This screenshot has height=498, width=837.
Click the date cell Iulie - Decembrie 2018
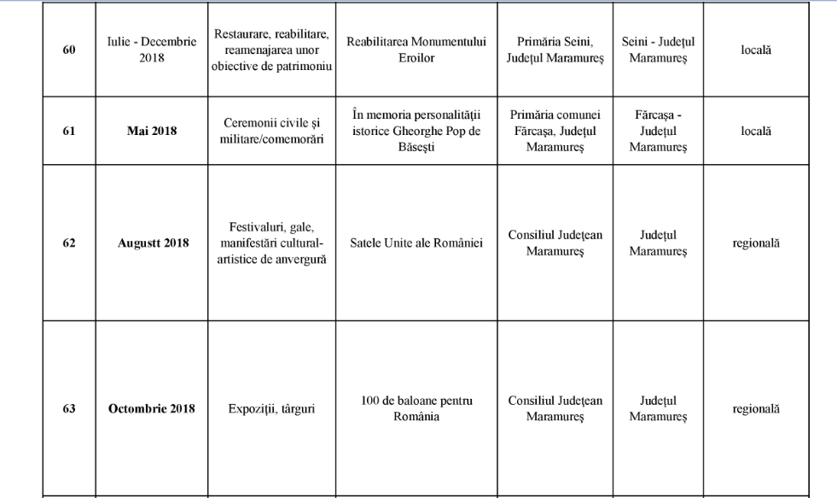(152, 50)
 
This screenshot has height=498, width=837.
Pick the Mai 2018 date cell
(152, 131)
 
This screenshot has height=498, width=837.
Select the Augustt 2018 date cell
(153, 243)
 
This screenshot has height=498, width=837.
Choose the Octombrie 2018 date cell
(152, 408)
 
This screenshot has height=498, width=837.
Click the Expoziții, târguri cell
(272, 408)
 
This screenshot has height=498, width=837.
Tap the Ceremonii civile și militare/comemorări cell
(272, 131)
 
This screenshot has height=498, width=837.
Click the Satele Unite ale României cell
(416, 243)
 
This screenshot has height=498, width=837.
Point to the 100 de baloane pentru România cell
(416, 408)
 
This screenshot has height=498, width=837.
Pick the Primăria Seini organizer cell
(555, 50)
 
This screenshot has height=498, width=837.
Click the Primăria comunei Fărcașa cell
(555, 131)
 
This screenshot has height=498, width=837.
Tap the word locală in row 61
(755, 131)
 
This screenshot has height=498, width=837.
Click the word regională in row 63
(755, 408)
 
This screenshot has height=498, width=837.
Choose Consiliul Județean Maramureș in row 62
(555, 243)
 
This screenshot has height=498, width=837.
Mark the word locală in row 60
(755, 50)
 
